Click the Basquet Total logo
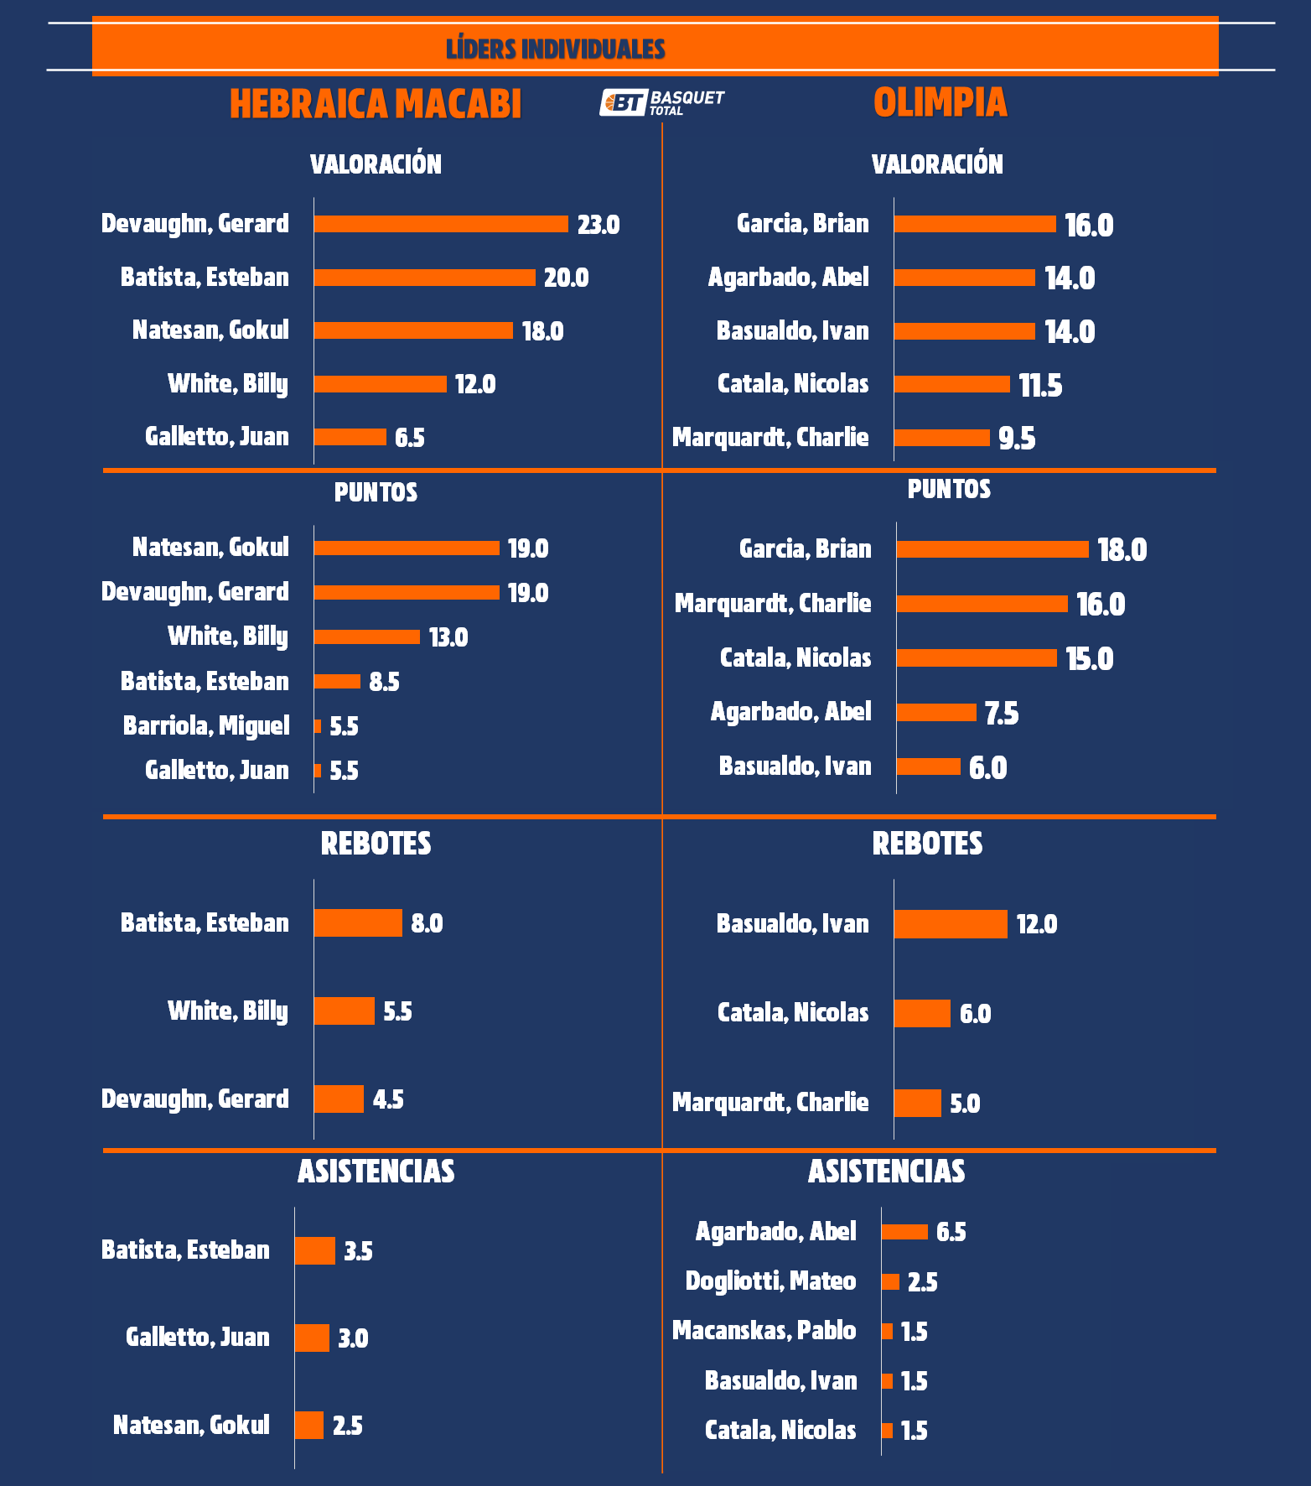tap(662, 102)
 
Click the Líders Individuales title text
tap(555, 49)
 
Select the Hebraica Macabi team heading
tap(376, 104)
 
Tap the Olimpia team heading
tap(940, 102)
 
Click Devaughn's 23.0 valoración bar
tap(441, 224)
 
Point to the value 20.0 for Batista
tap(566, 278)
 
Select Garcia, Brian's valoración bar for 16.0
tap(975, 224)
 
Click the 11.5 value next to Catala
tap(1040, 385)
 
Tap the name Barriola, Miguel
tap(206, 725)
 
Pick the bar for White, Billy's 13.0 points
tap(367, 636)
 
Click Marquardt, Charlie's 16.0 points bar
tap(982, 604)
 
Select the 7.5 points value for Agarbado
tap(1002, 713)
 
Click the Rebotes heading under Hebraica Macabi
tap(376, 844)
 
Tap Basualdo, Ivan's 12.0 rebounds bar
tap(951, 924)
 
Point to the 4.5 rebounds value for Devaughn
tap(388, 1099)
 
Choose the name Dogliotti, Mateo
tap(770, 1281)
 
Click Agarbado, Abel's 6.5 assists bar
tap(904, 1232)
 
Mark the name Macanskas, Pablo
tap(764, 1331)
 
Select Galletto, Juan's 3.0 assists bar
tap(312, 1338)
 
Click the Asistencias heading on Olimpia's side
tap(886, 1172)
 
